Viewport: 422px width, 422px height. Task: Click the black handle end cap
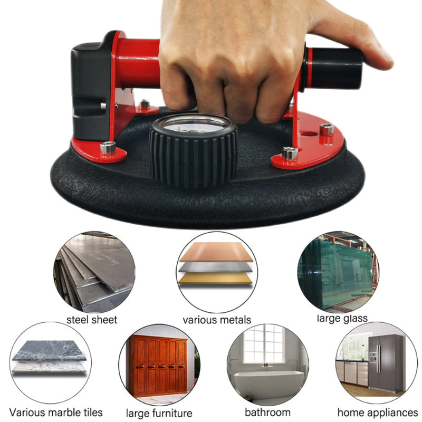point(334,69)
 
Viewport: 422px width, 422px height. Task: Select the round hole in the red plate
point(309,133)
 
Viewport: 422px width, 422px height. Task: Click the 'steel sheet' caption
point(92,320)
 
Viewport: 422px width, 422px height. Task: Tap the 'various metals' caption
point(217,320)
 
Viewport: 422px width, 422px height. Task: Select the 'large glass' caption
point(342,319)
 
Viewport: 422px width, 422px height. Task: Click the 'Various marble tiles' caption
point(56,413)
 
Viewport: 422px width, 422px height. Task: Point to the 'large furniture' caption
point(159,413)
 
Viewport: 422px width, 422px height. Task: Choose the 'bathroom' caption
point(268,413)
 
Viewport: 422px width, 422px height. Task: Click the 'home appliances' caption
point(378,413)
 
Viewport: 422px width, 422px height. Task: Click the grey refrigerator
point(386,363)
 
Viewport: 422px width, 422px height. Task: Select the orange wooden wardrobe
point(158,366)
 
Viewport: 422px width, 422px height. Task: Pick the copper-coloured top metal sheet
point(216,252)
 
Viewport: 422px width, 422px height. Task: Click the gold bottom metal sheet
point(215,279)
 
